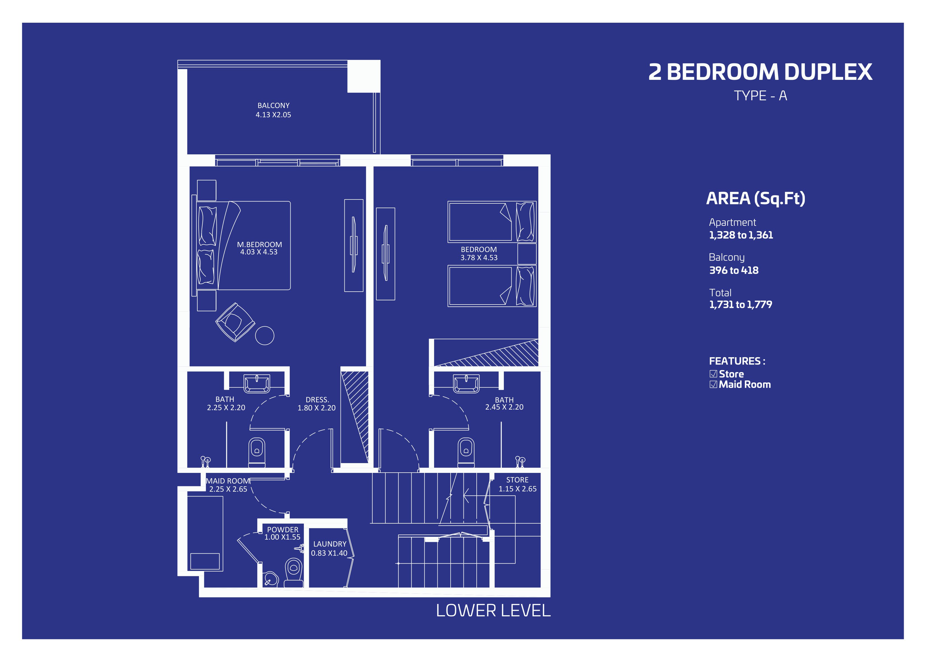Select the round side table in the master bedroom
(x=265, y=336)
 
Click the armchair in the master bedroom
(x=235, y=322)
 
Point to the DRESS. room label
(x=317, y=400)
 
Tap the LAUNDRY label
(x=330, y=544)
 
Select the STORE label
(x=517, y=480)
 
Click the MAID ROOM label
(x=228, y=481)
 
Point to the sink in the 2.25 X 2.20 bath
(x=256, y=384)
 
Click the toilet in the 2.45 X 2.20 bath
(x=466, y=452)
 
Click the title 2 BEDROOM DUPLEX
(x=760, y=72)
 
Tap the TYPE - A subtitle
(x=760, y=96)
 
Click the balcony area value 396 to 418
(x=734, y=270)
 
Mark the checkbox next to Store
(x=713, y=374)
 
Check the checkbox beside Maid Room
(x=713, y=384)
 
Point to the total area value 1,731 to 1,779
(x=741, y=305)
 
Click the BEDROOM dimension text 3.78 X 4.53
(x=479, y=258)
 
